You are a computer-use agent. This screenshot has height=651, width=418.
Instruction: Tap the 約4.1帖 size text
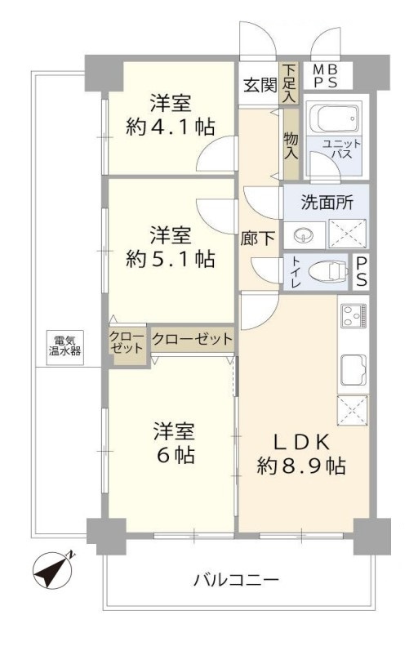click(x=171, y=127)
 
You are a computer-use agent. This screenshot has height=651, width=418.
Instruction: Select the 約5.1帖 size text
click(x=171, y=260)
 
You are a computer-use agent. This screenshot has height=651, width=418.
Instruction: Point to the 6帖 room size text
click(x=172, y=455)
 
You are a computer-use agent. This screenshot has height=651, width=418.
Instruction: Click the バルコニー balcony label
click(x=236, y=581)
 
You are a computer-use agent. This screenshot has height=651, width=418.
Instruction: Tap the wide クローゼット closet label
click(x=192, y=338)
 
